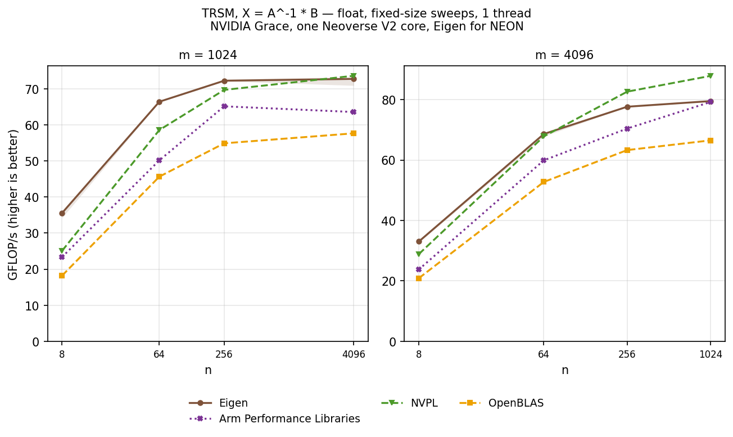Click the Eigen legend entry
coord(218,403)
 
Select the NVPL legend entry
coord(409,403)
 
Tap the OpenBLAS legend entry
coord(501,403)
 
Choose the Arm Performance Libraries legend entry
coord(274,418)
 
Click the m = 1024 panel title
coord(208,55)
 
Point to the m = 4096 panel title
coord(564,55)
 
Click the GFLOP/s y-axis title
coord(13,205)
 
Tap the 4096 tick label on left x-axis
coord(354,354)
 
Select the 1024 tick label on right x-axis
coord(711,354)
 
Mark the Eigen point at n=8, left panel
coord(62,213)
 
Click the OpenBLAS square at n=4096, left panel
coord(354,133)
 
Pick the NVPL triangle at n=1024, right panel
coord(711,75)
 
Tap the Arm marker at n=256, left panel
coord(224,106)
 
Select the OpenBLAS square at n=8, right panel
coord(419,278)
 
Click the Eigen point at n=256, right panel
coord(627,107)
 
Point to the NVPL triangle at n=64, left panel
coord(159,130)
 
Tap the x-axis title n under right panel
coord(565,370)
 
